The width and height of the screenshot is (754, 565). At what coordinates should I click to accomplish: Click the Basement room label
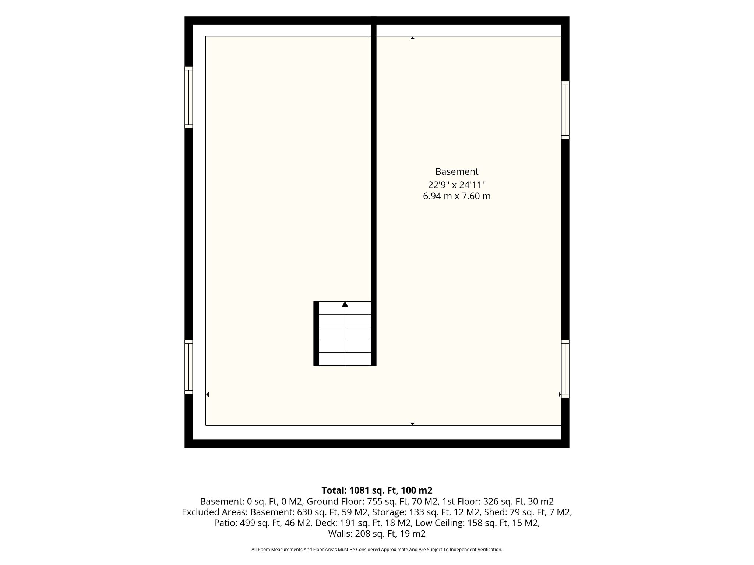(457, 172)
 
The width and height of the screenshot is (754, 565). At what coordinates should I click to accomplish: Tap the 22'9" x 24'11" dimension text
(457, 184)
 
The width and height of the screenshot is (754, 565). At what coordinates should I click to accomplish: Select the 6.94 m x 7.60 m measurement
(457, 196)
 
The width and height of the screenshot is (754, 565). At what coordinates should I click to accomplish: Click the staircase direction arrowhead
(345, 304)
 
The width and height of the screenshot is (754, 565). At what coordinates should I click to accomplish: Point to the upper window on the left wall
(188, 97)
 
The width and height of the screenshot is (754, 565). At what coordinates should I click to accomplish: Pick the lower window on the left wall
(188, 367)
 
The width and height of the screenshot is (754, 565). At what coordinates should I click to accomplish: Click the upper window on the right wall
(565, 110)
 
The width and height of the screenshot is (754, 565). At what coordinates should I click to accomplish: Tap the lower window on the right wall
(565, 369)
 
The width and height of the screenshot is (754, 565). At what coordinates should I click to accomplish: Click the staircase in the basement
(345, 333)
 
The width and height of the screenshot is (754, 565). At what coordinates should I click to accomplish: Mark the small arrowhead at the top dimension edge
(412, 38)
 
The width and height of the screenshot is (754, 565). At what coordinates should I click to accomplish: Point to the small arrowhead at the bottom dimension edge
(412, 424)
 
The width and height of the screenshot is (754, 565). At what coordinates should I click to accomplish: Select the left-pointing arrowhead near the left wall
(208, 394)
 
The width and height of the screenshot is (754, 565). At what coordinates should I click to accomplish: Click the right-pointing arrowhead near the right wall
(560, 394)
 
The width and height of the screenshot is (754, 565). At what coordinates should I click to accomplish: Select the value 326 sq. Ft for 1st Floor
(504, 501)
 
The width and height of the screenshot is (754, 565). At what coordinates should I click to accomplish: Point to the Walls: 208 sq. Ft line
(363, 533)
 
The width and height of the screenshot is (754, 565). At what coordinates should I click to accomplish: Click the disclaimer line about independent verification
(377, 550)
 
